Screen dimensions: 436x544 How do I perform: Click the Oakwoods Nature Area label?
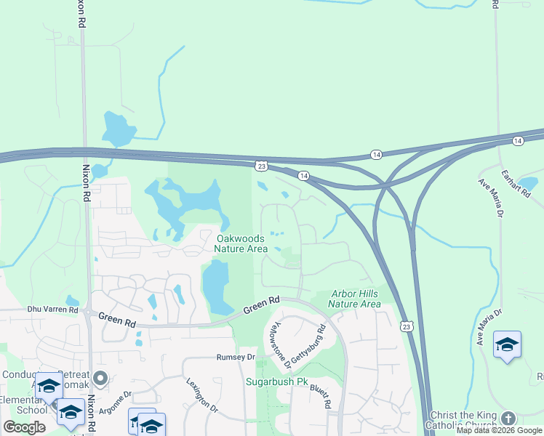[242, 243]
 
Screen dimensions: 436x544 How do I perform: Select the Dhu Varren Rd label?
[52, 310]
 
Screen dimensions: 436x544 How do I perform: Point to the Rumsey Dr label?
[236, 358]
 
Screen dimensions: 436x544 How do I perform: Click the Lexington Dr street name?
[201, 395]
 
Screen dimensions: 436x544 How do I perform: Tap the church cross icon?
[508, 419]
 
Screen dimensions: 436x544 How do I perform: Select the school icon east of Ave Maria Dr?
[507, 344]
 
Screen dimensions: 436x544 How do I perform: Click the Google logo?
[24, 427]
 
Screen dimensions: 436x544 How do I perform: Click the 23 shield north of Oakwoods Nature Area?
[261, 166]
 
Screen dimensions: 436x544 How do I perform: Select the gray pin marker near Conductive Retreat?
[100, 378]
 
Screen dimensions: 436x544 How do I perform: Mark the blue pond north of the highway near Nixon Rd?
[116, 129]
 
